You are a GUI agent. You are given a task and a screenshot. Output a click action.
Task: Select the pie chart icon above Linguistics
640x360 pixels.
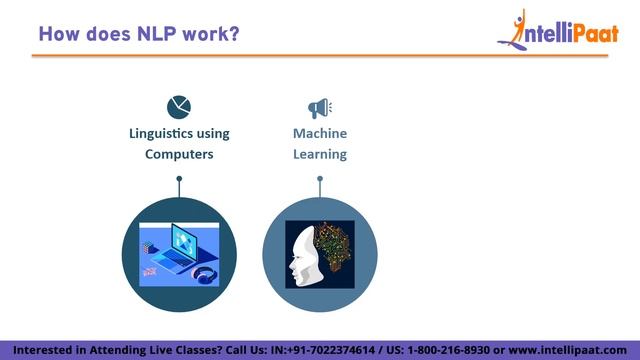pyautogui.click(x=179, y=106)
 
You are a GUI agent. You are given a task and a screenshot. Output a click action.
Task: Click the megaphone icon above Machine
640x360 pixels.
pyautogui.click(x=319, y=107)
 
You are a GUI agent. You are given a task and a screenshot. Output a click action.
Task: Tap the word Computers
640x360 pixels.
pyautogui.click(x=179, y=154)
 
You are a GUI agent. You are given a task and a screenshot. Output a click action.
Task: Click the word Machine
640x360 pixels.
pyautogui.click(x=320, y=133)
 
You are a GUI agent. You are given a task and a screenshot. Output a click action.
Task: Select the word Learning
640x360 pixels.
pyautogui.click(x=320, y=154)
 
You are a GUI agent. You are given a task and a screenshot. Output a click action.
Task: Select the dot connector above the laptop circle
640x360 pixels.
pyautogui.click(x=179, y=180)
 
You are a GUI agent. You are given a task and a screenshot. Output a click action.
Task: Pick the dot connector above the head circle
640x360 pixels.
pyautogui.click(x=320, y=180)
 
